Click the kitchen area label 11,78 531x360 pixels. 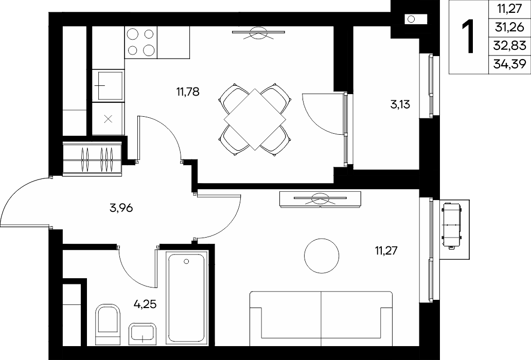[x=188, y=92]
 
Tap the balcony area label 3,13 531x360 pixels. [x=400, y=104]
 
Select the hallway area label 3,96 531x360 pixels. [x=121, y=208]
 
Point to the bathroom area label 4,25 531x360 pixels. [x=145, y=304]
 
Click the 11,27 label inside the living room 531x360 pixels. [x=386, y=251]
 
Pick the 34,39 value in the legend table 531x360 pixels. [x=510, y=63]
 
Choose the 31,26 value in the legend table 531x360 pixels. [x=510, y=27]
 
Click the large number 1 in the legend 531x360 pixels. [x=469, y=37]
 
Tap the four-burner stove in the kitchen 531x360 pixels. [x=141, y=42]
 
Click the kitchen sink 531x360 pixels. [x=108, y=85]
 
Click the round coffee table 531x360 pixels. [x=322, y=256]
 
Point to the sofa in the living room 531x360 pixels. [x=321, y=318]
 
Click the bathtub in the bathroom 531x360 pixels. [x=186, y=298]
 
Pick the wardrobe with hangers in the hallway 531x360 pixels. [x=92, y=159]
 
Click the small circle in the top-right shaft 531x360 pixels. [x=412, y=19]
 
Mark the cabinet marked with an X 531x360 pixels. [x=108, y=119]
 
